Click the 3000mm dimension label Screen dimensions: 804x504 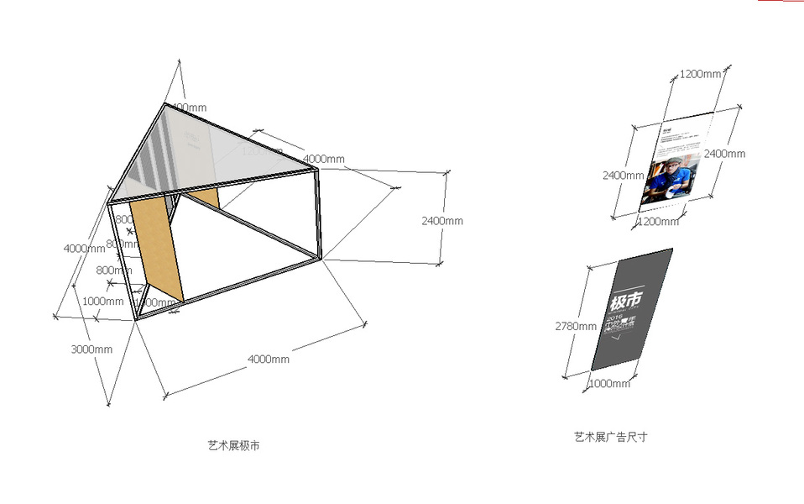click(x=92, y=349)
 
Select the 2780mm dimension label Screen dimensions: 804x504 click(x=577, y=326)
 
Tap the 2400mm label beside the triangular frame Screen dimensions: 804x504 click(x=442, y=221)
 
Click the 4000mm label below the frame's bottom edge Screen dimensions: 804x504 click(x=269, y=360)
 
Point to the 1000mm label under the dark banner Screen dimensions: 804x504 click(x=609, y=384)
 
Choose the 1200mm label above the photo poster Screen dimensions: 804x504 click(x=700, y=74)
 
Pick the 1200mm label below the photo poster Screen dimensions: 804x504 click(x=659, y=222)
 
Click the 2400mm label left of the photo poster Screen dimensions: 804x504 click(x=623, y=176)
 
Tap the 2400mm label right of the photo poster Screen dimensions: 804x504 click(x=724, y=154)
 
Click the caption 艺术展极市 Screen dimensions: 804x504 click(x=233, y=445)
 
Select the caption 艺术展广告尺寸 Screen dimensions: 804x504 click(x=611, y=437)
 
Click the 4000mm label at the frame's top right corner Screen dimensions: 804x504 click(x=323, y=160)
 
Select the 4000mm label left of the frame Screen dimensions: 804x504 click(x=84, y=249)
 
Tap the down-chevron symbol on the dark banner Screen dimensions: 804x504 click(x=619, y=338)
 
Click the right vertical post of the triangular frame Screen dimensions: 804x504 click(x=318, y=213)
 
